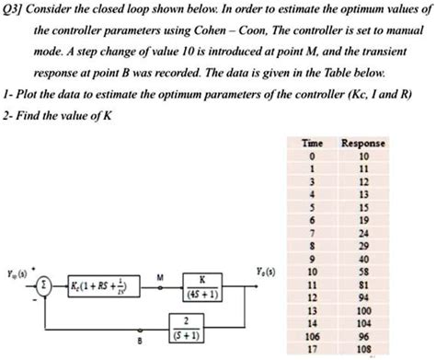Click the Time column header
coord(313,144)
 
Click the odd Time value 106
coord(313,338)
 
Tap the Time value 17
coord(313,350)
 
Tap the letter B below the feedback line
coord(140,340)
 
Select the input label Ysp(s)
coord(16,272)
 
